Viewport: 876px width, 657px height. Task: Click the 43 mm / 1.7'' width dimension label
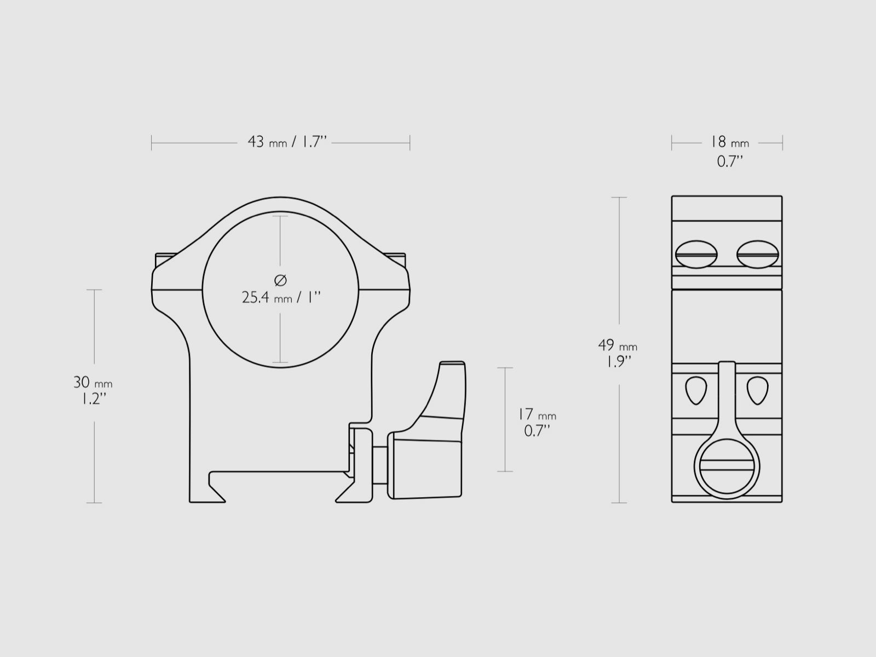[x=287, y=142]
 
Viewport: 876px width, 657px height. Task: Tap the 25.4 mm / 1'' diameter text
[x=281, y=298]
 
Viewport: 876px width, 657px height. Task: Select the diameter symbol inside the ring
[x=280, y=280]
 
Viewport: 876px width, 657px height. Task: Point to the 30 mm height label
[x=93, y=383]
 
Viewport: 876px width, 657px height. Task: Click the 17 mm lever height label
[x=537, y=414]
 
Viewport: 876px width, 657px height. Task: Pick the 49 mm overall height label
[x=618, y=345]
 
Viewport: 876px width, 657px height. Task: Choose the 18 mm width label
[x=729, y=142]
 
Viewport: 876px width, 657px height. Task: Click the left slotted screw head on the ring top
[x=696, y=254]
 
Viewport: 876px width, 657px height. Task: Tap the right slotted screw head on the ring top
[x=758, y=254]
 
